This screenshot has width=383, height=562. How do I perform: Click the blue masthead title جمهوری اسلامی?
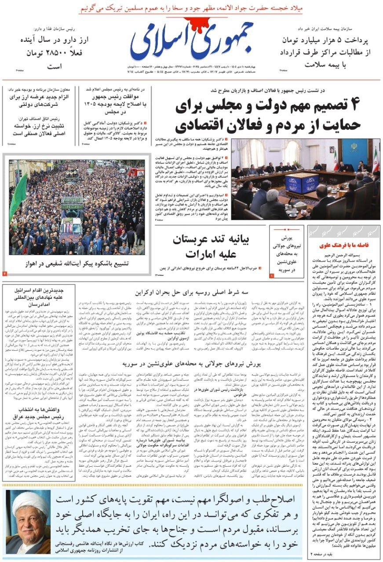click(x=192, y=40)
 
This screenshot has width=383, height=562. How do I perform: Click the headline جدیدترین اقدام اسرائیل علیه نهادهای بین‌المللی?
click(x=39, y=297)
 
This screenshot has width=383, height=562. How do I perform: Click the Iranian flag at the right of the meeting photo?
click(x=375, y=161)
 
